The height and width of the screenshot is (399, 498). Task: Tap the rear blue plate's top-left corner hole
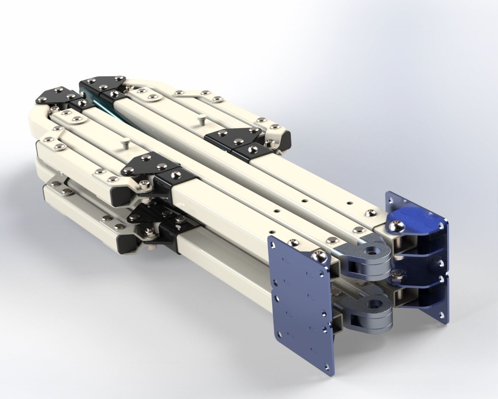click(390, 198)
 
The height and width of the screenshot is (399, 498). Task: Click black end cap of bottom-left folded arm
click(125, 244)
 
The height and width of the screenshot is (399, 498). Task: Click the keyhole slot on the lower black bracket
click(179, 221)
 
